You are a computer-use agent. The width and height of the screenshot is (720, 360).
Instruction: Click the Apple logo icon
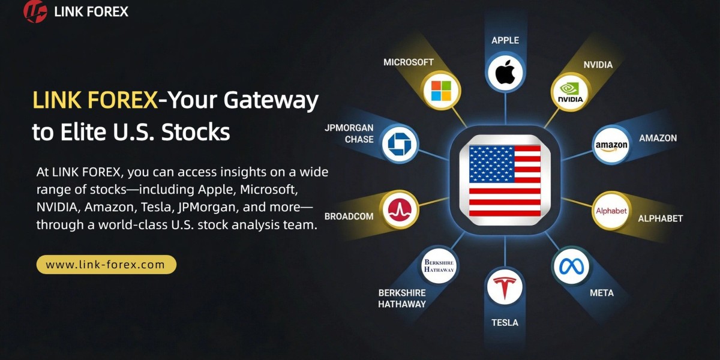coord(505,73)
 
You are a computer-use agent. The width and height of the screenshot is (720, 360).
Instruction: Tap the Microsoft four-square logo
coord(441,91)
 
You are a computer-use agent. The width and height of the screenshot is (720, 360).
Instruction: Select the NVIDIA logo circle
coord(570,92)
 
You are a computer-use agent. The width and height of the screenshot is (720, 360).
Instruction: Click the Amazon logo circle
coord(611,145)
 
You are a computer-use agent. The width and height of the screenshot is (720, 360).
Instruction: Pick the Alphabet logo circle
coord(611,211)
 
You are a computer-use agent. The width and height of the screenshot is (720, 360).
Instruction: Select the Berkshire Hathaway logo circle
coord(439,266)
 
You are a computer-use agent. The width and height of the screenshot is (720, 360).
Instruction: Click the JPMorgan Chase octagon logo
coord(398,144)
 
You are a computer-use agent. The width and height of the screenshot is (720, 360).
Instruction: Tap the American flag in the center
coord(505,180)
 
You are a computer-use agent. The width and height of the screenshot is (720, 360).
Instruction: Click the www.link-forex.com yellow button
coord(106,265)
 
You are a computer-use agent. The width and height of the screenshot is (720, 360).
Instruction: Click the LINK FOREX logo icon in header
coord(35,11)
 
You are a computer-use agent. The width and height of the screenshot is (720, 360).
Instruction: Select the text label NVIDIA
coord(598,65)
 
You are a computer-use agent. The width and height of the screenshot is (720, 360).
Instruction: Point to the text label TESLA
coord(505,323)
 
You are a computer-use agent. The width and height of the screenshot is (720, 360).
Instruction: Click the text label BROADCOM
coord(349,217)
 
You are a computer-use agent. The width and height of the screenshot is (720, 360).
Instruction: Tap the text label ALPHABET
coord(660,218)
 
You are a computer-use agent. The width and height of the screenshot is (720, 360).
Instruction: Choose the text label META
coord(601,293)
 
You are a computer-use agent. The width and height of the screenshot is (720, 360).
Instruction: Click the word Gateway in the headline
coord(277,100)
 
